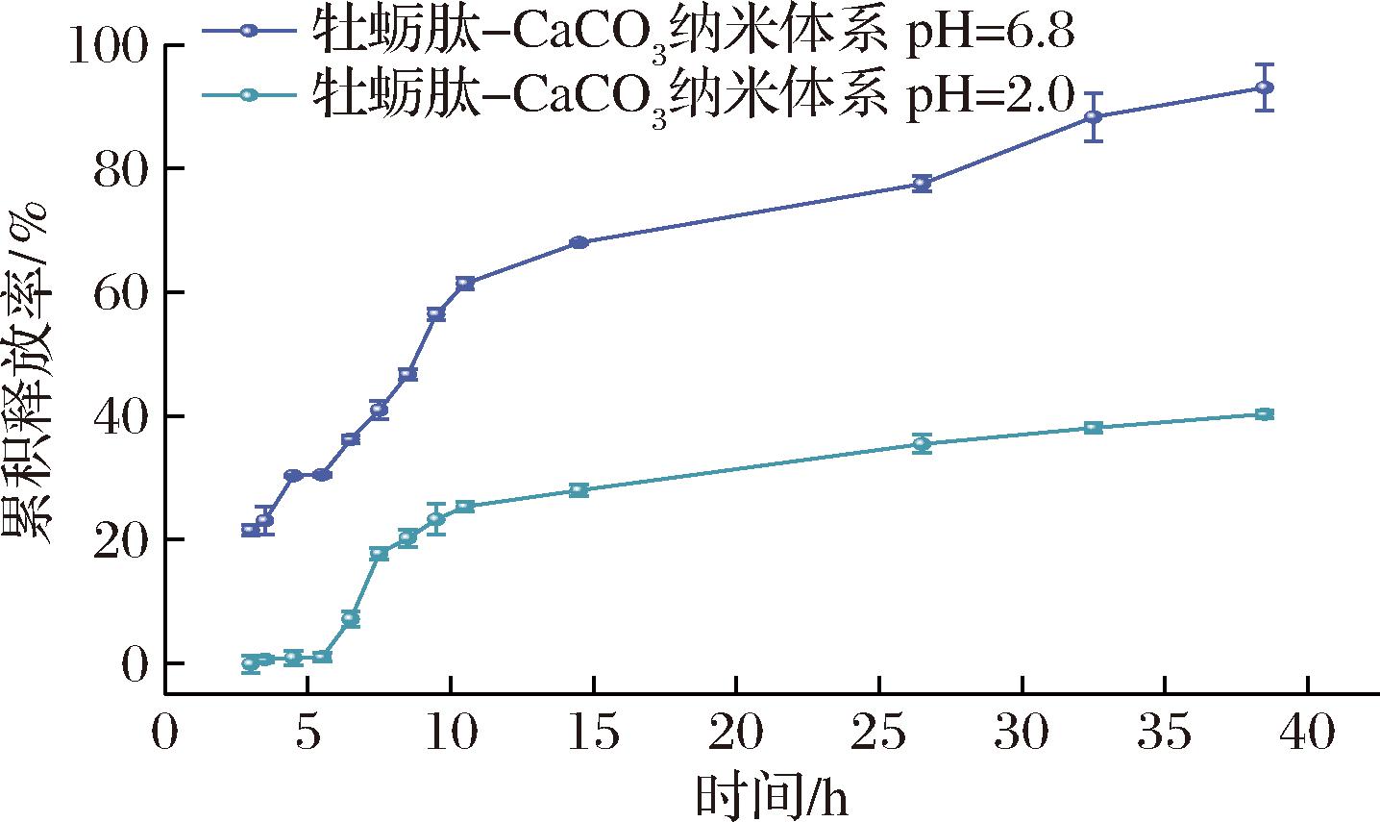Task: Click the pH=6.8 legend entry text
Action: pyautogui.click(x=692, y=35)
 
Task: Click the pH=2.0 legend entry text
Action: pyautogui.click(x=692, y=94)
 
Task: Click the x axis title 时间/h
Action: pyautogui.click(x=774, y=797)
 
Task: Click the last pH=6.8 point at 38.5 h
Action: pyautogui.click(x=1265, y=87)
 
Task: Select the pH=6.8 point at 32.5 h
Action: pyautogui.click(x=1093, y=117)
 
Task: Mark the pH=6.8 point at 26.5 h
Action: pyautogui.click(x=922, y=184)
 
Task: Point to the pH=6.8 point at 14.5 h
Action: pyautogui.click(x=579, y=242)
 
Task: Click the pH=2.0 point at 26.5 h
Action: pyautogui.click(x=922, y=444)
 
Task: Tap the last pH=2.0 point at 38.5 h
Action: pyautogui.click(x=1265, y=414)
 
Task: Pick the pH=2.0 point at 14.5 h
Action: pyautogui.click(x=579, y=490)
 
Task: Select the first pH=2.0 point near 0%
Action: pyautogui.click(x=251, y=663)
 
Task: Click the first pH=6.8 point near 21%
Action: pyautogui.click(x=251, y=530)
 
